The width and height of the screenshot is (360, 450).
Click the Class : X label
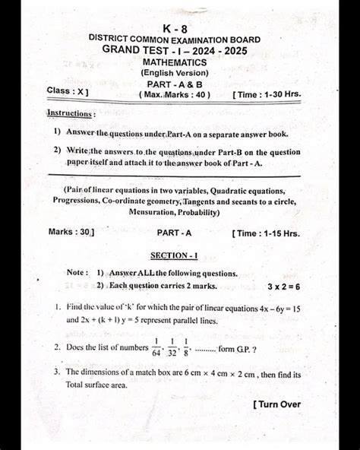(68, 91)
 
